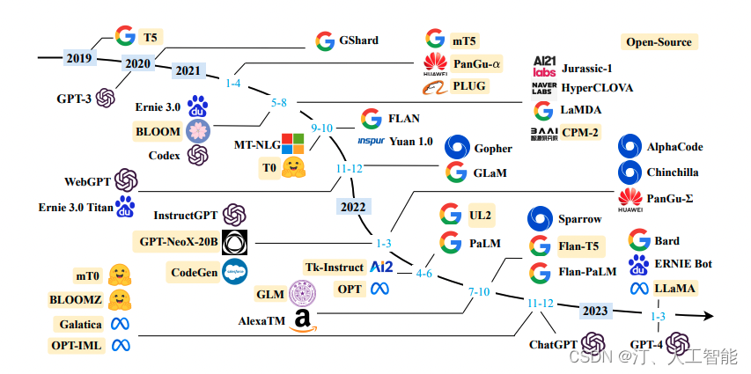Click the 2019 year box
tap(77, 57)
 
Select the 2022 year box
tap(353, 206)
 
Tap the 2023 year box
tap(595, 310)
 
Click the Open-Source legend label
tap(658, 41)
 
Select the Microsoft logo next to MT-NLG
tap(292, 143)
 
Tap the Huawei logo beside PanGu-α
tap(434, 63)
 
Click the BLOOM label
tap(158, 131)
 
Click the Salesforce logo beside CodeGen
tap(234, 272)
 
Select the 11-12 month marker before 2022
tap(350, 168)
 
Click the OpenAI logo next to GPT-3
tap(107, 98)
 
